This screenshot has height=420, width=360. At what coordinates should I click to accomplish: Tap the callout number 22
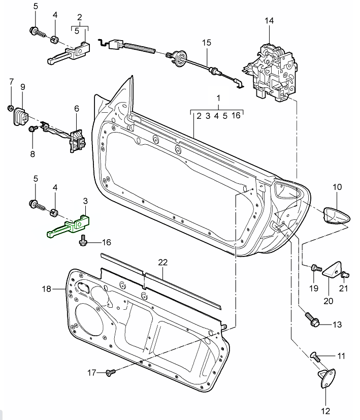tap(162, 262)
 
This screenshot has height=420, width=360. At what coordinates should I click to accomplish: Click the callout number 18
tap(47, 289)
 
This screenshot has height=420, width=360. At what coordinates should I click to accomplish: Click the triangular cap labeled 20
tap(333, 270)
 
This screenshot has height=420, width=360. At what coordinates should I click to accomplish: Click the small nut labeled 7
tap(10, 108)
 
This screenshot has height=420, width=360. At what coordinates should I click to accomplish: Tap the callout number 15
tap(206, 43)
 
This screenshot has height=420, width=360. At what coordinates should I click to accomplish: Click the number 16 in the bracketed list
tap(236, 116)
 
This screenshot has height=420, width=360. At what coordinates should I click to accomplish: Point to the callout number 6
tap(77, 108)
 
